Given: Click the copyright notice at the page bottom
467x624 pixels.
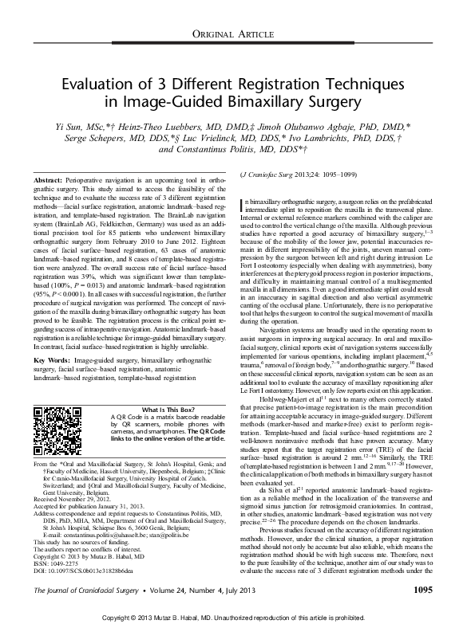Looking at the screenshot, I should coord(233,618).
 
